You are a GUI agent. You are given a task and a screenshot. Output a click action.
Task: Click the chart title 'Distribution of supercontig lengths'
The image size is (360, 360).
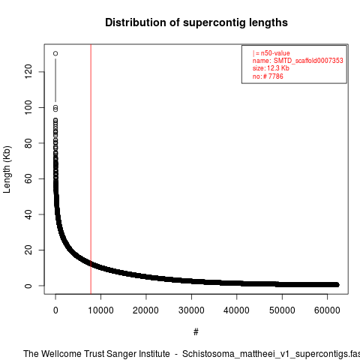click(196, 22)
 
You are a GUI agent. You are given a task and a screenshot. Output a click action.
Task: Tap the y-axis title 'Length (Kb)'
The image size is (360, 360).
click(7, 169)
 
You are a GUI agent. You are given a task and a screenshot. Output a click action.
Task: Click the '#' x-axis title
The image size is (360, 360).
click(196, 331)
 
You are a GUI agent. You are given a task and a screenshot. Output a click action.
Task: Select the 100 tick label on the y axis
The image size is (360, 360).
click(28, 107)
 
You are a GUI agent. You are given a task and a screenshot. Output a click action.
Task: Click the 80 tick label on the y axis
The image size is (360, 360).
click(28, 143)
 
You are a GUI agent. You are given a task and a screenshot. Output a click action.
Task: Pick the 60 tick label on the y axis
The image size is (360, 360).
click(28, 178)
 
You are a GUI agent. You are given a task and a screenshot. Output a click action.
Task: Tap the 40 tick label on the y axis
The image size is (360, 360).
click(28, 214)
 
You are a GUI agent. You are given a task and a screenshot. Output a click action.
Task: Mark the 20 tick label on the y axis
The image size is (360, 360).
click(28, 250)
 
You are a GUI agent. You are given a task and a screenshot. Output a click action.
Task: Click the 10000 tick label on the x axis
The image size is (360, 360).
click(100, 310)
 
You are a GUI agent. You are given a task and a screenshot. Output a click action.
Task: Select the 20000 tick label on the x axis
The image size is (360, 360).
click(146, 310)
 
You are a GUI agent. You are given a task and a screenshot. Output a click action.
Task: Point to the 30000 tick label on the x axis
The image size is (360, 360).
click(191, 310)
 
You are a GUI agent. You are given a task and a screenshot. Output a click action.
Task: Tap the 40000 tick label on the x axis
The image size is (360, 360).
click(237, 310)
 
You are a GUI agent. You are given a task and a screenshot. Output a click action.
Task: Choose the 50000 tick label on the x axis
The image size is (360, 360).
click(282, 310)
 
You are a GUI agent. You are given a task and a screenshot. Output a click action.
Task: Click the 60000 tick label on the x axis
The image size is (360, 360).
click(327, 310)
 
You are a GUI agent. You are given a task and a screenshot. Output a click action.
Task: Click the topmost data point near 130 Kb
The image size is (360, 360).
click(55, 53)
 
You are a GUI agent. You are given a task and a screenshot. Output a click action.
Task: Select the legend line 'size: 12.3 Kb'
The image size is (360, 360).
click(271, 68)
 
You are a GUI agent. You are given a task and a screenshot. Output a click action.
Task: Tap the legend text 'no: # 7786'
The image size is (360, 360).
click(268, 76)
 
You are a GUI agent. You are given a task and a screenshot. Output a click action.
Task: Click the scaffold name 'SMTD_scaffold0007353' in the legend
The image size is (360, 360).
click(308, 61)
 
